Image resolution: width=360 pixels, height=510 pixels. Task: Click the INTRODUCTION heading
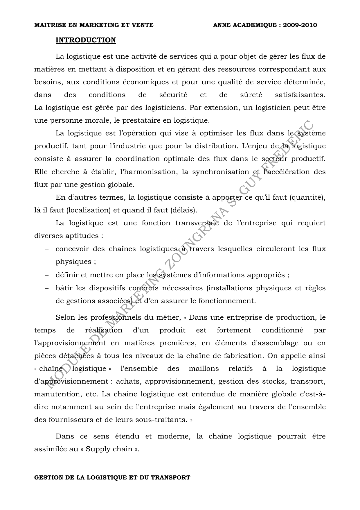pyautogui.click(x=86, y=40)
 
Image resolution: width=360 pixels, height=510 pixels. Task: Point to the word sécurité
pyautogui.click(x=173, y=95)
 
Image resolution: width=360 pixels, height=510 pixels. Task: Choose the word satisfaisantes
pyautogui.click(x=300, y=95)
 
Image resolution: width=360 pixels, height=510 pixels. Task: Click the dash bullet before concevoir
pyautogui.click(x=46, y=249)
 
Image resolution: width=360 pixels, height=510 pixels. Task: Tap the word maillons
pyautogui.click(x=204, y=369)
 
